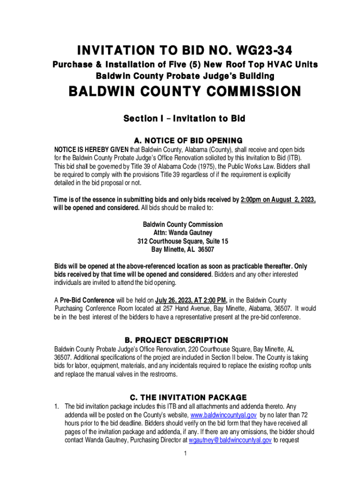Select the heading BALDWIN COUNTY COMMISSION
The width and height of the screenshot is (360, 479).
(x=185, y=91)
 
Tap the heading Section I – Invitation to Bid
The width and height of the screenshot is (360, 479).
(x=184, y=119)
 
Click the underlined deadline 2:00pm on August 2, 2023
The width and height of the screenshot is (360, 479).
(x=278, y=200)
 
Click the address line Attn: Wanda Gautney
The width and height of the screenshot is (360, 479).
(x=183, y=233)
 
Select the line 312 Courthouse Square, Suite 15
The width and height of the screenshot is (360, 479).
(x=183, y=241)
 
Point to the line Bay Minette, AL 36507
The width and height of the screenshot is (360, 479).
(x=183, y=249)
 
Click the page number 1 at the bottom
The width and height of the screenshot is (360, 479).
(x=186, y=453)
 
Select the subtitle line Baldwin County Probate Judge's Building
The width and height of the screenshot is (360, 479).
(x=185, y=75)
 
